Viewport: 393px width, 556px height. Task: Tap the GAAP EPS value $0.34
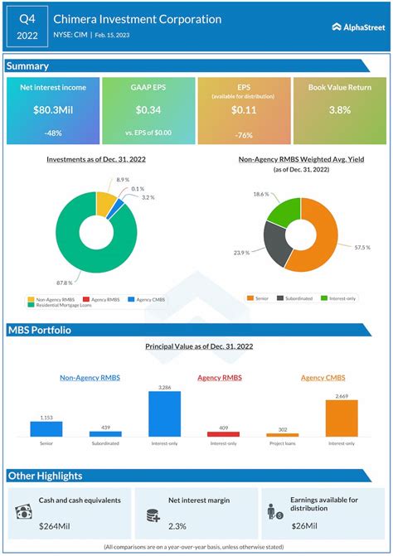coord(148,110)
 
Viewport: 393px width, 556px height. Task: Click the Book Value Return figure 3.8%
coord(340,110)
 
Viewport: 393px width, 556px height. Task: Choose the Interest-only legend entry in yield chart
coord(342,298)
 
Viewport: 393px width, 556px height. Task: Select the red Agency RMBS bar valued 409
coord(224,434)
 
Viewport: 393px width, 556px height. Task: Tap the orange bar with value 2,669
coord(342,418)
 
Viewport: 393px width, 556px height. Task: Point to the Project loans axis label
coord(283,443)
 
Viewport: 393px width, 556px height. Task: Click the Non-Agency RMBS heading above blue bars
coord(90,378)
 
